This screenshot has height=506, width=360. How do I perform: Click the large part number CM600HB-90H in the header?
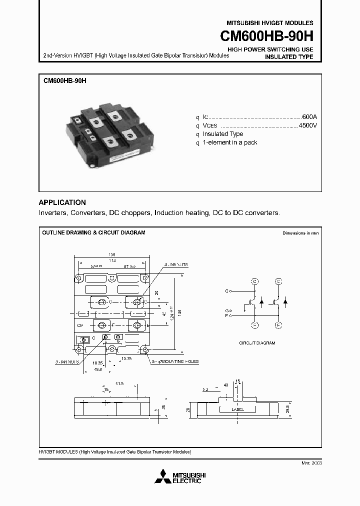(x=267, y=37)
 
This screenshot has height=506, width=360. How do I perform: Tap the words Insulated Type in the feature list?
(x=222, y=134)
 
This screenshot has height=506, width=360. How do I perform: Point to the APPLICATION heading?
(x=62, y=202)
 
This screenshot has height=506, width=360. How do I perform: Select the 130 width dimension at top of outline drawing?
(x=111, y=254)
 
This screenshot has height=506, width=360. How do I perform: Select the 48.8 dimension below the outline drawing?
(x=98, y=369)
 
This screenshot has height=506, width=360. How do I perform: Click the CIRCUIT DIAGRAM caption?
(x=257, y=343)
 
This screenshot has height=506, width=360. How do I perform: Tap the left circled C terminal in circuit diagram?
(x=254, y=281)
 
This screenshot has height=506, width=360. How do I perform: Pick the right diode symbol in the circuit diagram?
(x=285, y=302)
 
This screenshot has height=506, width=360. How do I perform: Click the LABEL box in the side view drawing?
(x=238, y=409)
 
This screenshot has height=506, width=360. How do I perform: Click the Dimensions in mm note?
(x=300, y=233)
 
